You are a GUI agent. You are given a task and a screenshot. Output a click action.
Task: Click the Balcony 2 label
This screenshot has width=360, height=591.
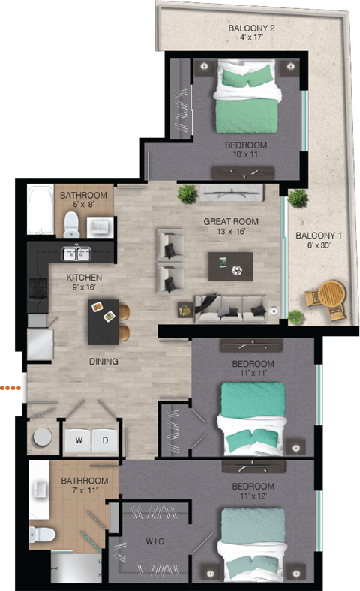252,29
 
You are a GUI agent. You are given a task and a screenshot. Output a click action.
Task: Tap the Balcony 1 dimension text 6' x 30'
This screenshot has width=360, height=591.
318,245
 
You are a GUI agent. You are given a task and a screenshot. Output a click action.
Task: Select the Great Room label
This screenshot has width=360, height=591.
231,221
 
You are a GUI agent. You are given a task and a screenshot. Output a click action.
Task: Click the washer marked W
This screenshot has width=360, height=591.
77,440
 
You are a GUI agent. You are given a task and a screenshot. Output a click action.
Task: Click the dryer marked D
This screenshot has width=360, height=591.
105,440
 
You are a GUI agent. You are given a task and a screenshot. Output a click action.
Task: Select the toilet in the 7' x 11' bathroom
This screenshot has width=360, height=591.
42,535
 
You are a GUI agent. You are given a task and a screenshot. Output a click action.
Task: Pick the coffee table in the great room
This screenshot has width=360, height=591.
230,265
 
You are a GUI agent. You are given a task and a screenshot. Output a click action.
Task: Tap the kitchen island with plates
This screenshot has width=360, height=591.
103,321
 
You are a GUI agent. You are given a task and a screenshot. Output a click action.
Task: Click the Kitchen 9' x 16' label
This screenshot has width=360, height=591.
83,282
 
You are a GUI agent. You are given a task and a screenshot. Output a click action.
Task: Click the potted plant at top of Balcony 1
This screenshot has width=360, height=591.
298,198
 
